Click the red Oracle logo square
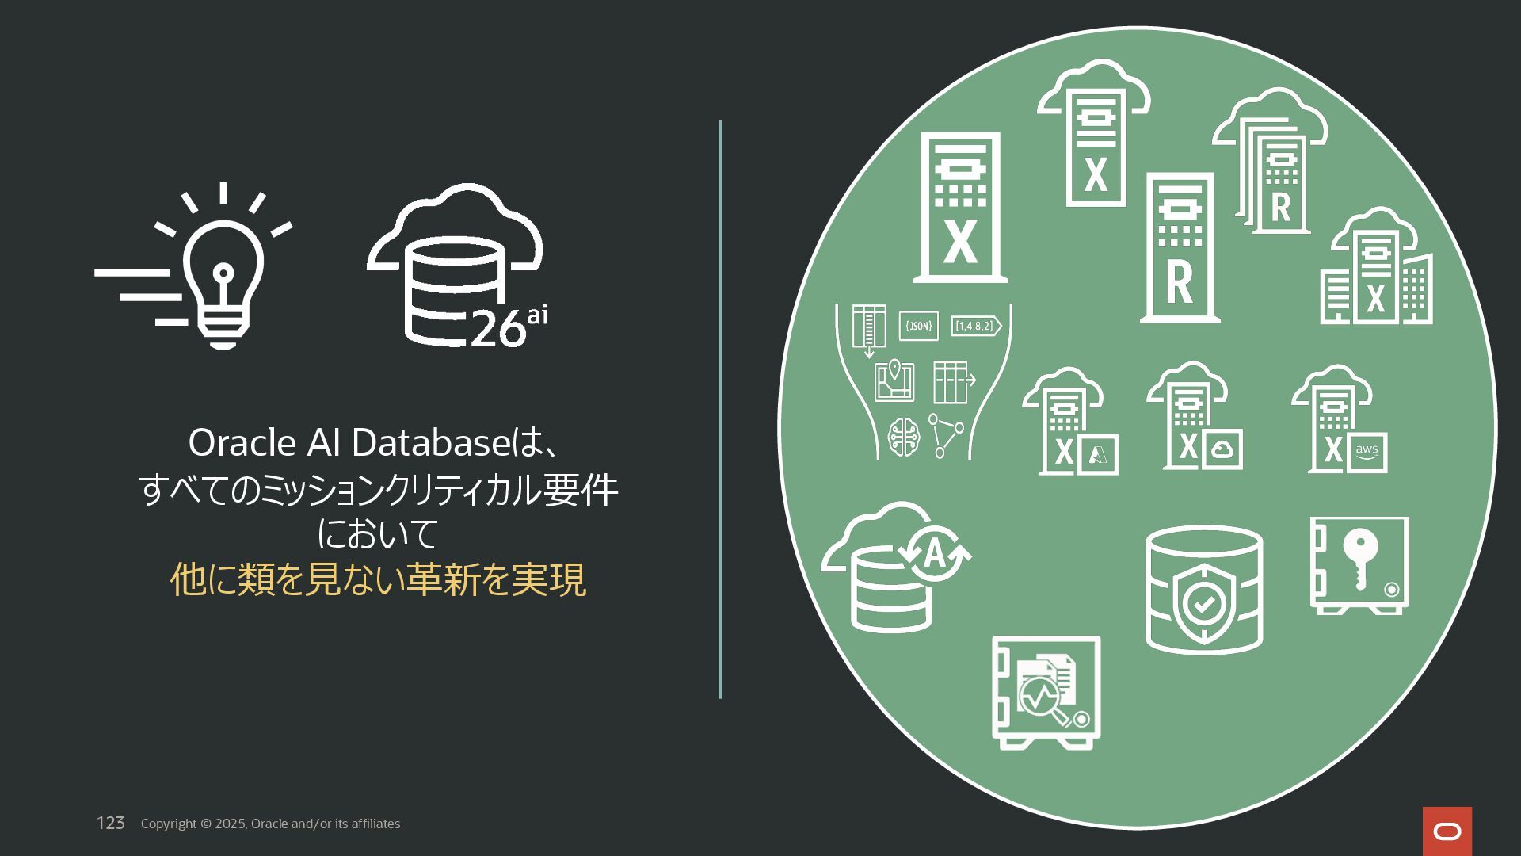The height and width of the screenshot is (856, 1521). point(1447,831)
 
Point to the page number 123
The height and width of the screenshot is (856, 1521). point(111,824)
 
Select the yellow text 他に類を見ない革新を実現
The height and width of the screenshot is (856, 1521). point(378,579)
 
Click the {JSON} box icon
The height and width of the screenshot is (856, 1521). point(919,326)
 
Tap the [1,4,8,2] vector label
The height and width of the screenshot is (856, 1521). point(975,326)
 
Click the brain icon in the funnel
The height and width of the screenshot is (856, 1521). point(904,437)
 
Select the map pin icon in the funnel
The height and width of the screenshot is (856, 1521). point(895,379)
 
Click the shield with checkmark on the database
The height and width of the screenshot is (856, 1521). point(1203,604)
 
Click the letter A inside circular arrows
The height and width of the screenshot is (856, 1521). point(935,553)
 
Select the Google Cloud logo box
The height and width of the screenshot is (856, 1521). point(1222,450)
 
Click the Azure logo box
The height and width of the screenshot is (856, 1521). point(1097,454)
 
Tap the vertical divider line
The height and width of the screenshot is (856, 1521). point(720,409)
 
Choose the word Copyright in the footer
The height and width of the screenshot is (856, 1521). point(169,824)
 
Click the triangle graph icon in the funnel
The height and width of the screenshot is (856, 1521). point(945,434)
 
